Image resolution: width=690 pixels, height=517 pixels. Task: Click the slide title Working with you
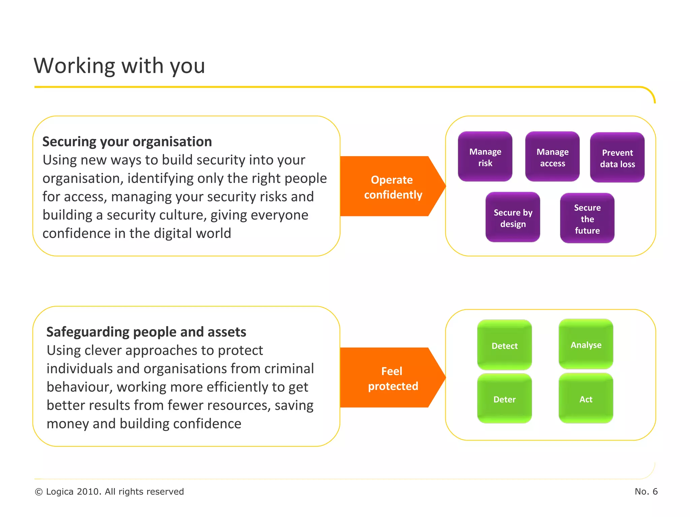(119, 66)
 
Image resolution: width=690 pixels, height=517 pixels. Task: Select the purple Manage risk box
(485, 157)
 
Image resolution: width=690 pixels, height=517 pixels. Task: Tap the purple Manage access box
(552, 157)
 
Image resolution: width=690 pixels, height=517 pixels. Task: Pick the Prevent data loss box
(617, 158)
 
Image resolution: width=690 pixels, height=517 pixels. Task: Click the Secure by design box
(512, 217)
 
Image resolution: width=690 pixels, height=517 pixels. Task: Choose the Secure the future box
(587, 218)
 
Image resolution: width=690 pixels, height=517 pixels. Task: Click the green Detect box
(504, 345)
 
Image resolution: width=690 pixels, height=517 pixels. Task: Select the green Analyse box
(586, 344)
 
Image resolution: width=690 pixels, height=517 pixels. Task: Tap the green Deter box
(504, 399)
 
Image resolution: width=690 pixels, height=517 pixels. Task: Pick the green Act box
(586, 399)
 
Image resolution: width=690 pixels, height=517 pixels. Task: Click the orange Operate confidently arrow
(391, 187)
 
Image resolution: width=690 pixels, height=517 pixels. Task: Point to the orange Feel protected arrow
(391, 378)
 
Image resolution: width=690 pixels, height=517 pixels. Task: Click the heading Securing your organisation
(127, 142)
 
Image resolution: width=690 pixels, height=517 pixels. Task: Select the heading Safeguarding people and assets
(146, 332)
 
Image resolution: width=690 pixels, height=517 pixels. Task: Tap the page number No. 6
(646, 491)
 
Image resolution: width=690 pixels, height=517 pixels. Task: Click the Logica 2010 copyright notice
(109, 491)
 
